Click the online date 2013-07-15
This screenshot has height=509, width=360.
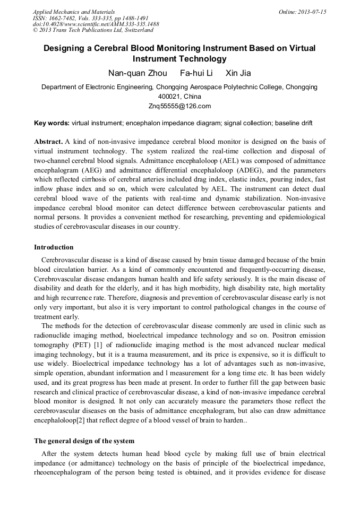coord(311,12)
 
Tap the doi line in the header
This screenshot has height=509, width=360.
coord(96,24)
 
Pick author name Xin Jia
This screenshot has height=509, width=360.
coord(238,73)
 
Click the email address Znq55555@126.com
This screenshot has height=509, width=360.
coord(179,106)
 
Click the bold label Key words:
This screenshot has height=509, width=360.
coord(52,123)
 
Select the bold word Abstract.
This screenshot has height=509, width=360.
coord(48,142)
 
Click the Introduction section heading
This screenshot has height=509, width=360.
coord(54,247)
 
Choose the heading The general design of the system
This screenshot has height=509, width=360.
coord(84,441)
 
